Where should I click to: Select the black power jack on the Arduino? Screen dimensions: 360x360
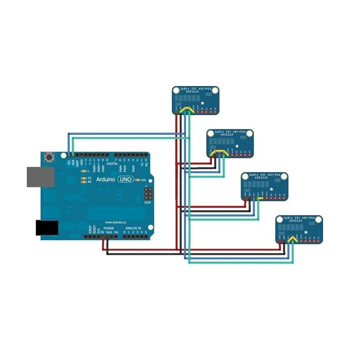coord(47,227)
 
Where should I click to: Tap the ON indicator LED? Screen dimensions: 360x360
coord(138,180)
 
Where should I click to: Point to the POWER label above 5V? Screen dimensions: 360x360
coord(108,229)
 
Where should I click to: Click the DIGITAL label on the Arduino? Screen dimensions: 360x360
coord(112,164)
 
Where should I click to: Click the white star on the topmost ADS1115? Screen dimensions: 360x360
coord(203,104)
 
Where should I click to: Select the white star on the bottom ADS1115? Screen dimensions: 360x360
coord(306,232)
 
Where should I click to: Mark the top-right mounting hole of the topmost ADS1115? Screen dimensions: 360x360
coord(215,91)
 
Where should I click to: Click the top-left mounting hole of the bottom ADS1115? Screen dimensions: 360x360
coord(280,220)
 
